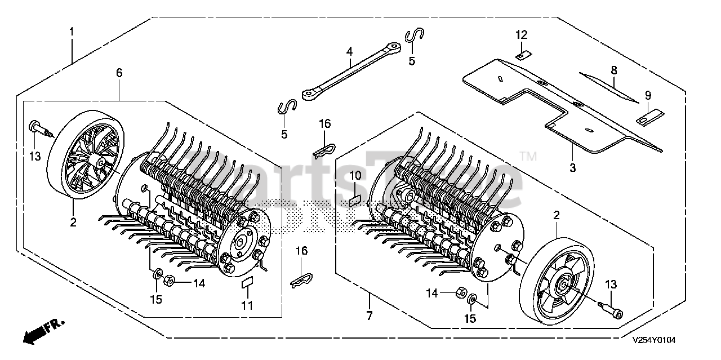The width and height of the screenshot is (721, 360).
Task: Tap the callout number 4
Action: tap(349, 51)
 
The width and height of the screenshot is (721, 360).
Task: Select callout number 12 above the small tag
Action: tap(521, 34)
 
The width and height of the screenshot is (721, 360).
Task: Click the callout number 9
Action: tap(648, 95)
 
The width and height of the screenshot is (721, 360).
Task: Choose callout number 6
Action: tap(119, 73)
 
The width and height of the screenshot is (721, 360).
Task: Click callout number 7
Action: tap(370, 316)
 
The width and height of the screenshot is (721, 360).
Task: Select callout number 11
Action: tap(247, 306)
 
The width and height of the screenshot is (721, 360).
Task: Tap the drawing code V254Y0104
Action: tap(653, 341)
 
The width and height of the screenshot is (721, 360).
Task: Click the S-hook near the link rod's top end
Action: tap(415, 37)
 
